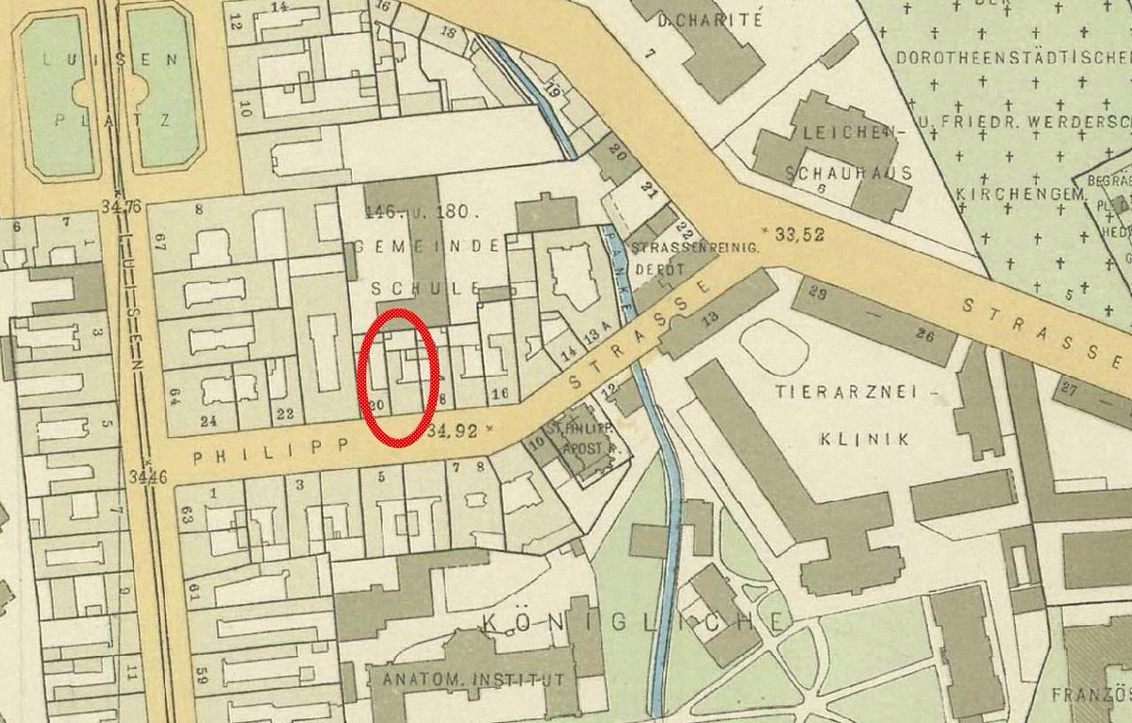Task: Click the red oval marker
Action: (398, 375)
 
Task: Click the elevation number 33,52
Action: (799, 235)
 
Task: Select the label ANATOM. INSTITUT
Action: (472, 680)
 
